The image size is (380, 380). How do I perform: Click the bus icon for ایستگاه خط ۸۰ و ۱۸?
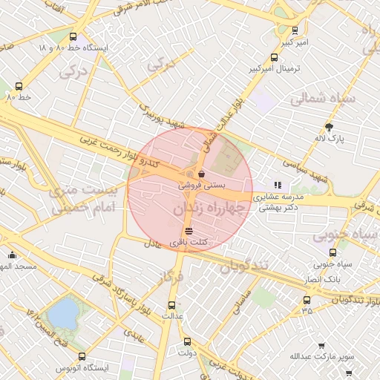(x=72, y=36)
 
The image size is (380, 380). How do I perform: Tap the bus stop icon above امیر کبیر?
(x=295, y=30)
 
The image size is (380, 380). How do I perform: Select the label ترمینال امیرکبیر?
(x=276, y=70)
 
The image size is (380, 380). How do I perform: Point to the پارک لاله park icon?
(x=330, y=127)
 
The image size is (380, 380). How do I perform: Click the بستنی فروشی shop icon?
(x=201, y=175)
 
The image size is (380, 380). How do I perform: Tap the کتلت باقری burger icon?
(x=188, y=231)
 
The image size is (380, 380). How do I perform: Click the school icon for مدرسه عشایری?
(x=278, y=186)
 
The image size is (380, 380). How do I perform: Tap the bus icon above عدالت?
(x=172, y=305)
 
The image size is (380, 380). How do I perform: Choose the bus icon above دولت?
(x=186, y=342)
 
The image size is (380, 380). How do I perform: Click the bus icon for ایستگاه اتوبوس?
(x=82, y=357)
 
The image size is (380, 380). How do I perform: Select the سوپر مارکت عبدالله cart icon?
(x=321, y=346)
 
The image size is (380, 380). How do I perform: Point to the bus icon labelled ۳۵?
(x=307, y=301)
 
